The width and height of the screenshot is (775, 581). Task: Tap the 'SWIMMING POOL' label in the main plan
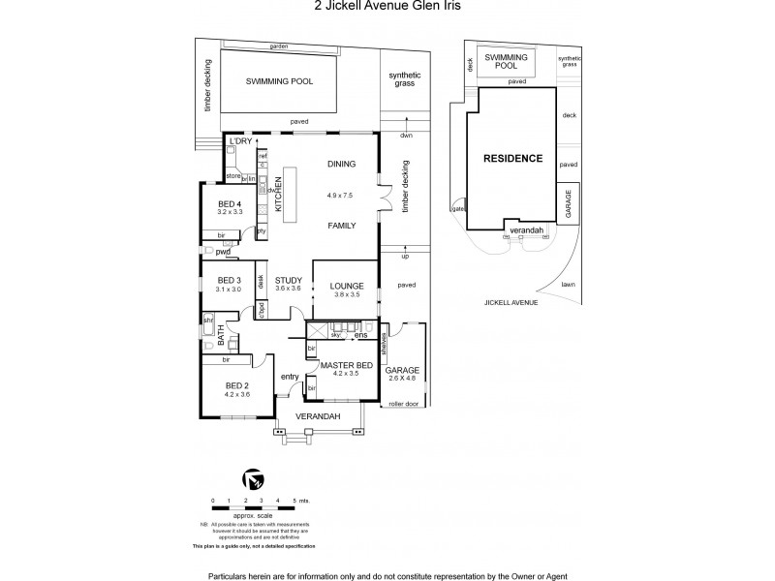[279, 83]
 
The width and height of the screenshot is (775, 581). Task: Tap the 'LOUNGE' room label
[346, 285]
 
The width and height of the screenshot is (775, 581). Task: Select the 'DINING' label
[341, 164]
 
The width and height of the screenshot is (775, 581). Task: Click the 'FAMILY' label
[341, 224]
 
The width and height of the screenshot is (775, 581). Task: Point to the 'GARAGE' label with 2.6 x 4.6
[401, 369]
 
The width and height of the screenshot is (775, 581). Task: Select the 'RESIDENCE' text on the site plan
[513, 158]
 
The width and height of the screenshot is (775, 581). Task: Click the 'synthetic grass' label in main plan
[402, 79]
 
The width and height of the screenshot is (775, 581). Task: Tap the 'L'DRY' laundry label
[239, 142]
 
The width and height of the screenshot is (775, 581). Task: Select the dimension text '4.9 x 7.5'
[341, 195]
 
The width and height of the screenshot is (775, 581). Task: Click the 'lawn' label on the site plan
[568, 284]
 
